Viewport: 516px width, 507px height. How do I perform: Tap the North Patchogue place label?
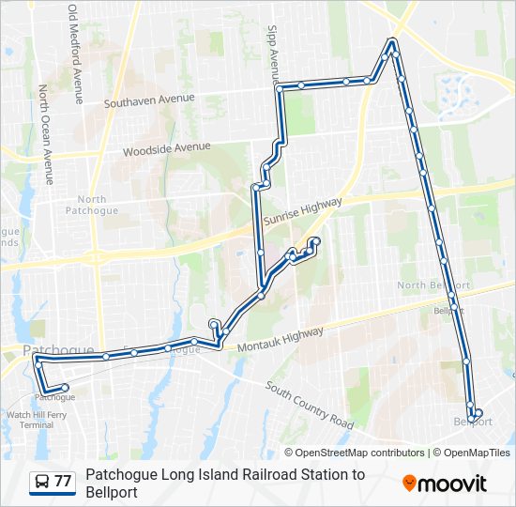[x=92, y=205]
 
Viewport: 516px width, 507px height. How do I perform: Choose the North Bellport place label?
[x=433, y=285]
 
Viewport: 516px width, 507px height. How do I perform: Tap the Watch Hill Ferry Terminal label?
[x=37, y=420]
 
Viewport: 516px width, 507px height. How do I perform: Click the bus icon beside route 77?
[x=42, y=482]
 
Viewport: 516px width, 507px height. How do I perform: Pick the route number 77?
[x=63, y=482]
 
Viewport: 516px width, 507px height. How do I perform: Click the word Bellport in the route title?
[x=112, y=492]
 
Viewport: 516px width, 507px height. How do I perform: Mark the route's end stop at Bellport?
[x=478, y=412]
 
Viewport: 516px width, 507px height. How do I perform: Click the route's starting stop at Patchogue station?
[x=65, y=387]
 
